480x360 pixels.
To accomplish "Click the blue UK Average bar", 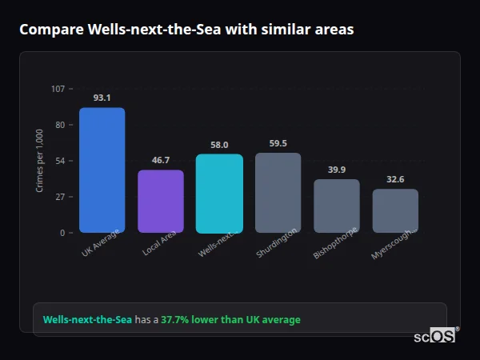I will [x=102, y=170].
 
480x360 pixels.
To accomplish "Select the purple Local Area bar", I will [x=161, y=202].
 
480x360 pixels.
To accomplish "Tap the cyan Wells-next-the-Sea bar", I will [x=219, y=194].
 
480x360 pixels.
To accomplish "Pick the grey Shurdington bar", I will [x=278, y=193].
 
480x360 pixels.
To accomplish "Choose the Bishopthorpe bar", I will [x=337, y=206].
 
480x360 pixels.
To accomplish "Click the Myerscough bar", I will [x=395, y=210].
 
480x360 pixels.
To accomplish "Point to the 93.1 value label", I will [x=102, y=98].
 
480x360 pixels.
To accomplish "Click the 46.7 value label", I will [x=161, y=160].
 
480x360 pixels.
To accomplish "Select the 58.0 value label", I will [x=219, y=145].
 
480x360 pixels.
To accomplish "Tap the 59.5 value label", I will [x=278, y=143].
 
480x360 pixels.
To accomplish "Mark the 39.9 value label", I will [x=337, y=170].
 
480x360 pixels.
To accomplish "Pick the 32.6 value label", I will [x=395, y=179].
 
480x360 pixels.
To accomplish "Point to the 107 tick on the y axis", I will [x=58, y=89].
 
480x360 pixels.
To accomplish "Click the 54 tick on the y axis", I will [x=60, y=161].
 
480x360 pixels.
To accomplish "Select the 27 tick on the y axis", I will [x=60, y=197].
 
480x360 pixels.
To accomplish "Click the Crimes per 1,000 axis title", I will [x=40, y=161].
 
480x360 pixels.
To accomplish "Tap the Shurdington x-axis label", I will [x=278, y=242].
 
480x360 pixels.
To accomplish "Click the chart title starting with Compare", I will [x=186, y=30].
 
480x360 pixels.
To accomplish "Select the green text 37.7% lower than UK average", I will [x=230, y=320].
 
